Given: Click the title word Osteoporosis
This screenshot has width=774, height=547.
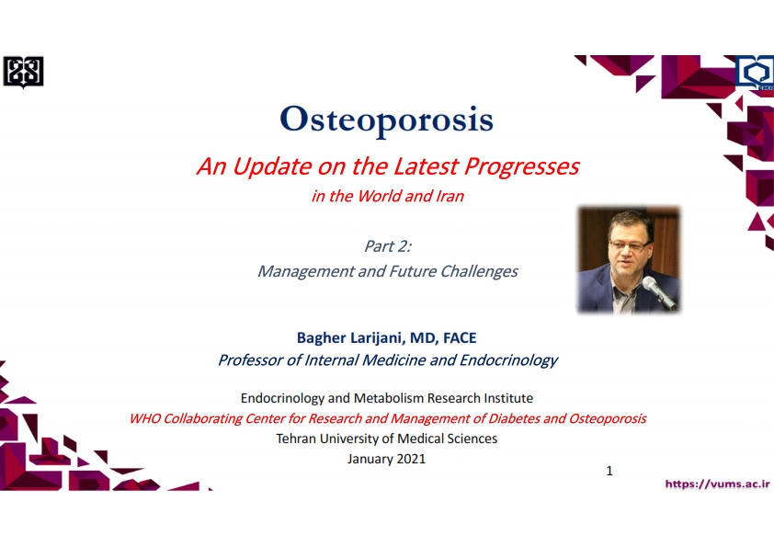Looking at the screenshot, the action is [386, 119].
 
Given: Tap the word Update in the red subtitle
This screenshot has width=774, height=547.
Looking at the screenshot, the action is [272, 166].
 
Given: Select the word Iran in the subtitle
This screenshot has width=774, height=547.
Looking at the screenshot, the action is [450, 196].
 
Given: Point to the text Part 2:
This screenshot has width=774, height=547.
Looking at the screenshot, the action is [388, 245].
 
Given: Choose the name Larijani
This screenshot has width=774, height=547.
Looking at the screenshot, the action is [378, 337].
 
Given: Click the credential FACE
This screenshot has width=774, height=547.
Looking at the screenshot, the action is [460, 337].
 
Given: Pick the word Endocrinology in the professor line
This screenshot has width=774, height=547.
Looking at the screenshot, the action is [508, 360].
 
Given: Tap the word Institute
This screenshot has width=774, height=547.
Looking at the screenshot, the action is [508, 398].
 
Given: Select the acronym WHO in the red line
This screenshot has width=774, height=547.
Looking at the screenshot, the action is [145, 418].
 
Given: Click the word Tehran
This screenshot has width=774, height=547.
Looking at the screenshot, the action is [295, 439].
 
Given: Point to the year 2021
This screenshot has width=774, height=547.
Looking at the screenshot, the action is [411, 459].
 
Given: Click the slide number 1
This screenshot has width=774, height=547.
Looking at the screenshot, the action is [609, 471].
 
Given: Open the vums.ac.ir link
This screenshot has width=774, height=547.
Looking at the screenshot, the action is [717, 484].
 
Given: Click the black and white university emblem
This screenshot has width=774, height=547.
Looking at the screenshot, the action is [23, 72].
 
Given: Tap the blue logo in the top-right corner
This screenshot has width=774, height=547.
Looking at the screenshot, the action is [755, 73].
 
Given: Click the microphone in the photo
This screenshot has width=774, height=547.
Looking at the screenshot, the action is [659, 292].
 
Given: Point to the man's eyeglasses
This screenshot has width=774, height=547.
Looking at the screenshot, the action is [631, 245].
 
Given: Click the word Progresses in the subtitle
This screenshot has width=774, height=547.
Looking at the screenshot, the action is [521, 166].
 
